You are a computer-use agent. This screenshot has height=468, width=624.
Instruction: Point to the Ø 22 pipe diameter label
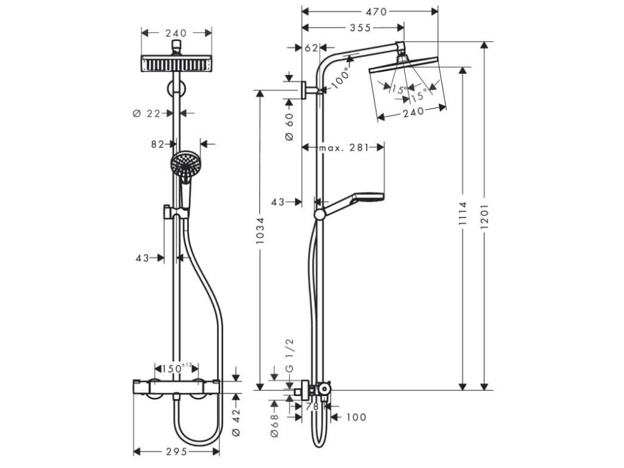(147, 113)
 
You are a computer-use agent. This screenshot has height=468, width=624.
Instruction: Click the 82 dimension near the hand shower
(158, 144)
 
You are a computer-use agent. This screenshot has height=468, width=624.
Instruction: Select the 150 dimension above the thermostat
(173, 368)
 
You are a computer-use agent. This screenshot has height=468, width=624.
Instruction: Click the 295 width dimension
(176, 452)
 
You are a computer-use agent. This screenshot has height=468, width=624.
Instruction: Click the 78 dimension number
(313, 406)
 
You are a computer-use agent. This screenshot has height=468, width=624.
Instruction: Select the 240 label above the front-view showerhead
(176, 33)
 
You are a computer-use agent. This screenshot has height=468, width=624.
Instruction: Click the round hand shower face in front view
(183, 163)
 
